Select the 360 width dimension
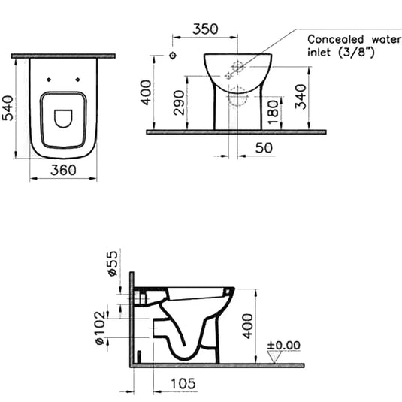tap(63, 171)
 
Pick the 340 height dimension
tap(301, 96)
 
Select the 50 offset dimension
tap(264, 148)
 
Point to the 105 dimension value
tap(183, 383)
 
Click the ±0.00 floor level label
tap(284, 346)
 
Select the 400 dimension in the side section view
tap(247, 325)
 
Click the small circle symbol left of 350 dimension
tap(172, 56)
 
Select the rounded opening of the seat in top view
tap(64, 117)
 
